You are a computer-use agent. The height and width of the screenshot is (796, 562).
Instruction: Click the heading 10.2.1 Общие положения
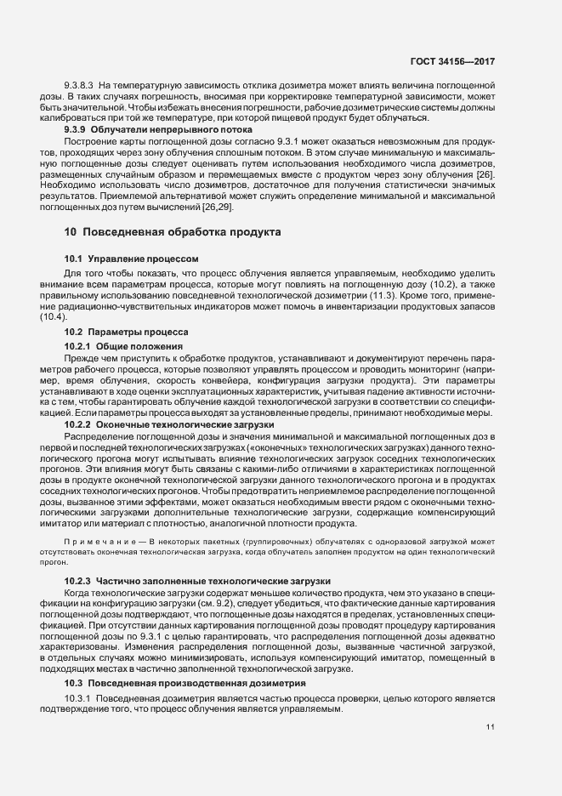click(x=124, y=346)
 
